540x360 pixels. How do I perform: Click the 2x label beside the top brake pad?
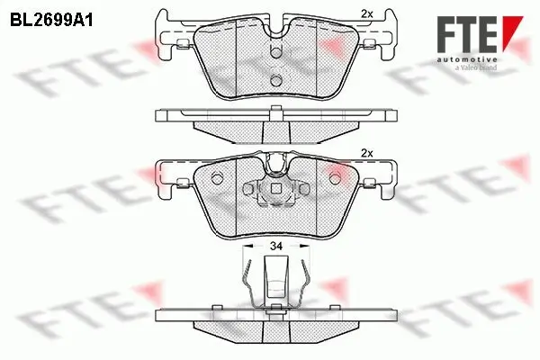pyautogui.click(x=365, y=13)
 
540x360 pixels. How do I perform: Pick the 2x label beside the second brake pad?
pyautogui.click(x=365, y=153)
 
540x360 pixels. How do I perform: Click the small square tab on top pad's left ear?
pyautogui.click(x=184, y=42)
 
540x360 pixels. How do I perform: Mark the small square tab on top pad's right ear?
pyautogui.click(x=370, y=42)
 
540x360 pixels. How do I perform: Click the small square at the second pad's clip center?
pyautogui.click(x=277, y=189)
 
